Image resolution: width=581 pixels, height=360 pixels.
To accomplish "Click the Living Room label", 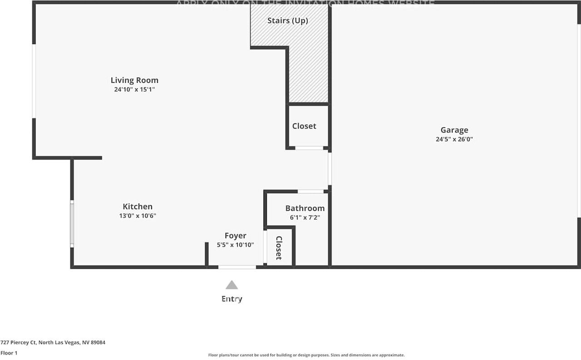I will (134, 81).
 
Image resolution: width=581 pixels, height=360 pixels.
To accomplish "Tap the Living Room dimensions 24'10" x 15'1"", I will (134, 90).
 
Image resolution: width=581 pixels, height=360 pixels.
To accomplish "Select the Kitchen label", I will (138, 207).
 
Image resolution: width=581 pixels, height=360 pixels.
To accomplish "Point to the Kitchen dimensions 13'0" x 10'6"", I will (138, 216).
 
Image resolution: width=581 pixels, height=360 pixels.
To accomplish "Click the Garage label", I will (454, 130).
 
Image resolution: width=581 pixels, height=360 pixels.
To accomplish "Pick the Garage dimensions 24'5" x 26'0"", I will (454, 140).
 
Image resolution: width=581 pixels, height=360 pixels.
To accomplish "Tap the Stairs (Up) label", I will (287, 21).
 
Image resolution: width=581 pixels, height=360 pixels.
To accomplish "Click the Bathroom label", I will (305, 208).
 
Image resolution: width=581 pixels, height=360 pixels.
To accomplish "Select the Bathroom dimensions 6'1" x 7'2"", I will (305, 217).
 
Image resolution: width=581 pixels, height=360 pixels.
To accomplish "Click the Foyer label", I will (235, 236).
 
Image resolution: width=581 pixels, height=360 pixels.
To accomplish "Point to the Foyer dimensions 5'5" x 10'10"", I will (235, 245).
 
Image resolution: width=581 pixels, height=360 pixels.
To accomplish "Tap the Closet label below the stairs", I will (304, 126).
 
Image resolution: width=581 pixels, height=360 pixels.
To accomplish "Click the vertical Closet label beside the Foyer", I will (279, 248).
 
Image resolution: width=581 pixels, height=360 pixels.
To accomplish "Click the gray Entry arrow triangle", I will (231, 285).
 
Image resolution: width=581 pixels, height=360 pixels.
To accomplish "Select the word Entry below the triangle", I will (231, 299).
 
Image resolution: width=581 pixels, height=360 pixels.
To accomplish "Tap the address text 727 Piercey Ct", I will (53, 343).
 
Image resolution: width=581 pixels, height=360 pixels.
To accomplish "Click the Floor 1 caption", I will (9, 353).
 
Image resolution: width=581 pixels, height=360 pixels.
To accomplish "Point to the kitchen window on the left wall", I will (72, 224).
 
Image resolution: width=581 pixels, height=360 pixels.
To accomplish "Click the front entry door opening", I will (237, 267).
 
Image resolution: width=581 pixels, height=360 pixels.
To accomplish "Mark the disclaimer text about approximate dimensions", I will (306, 355).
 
